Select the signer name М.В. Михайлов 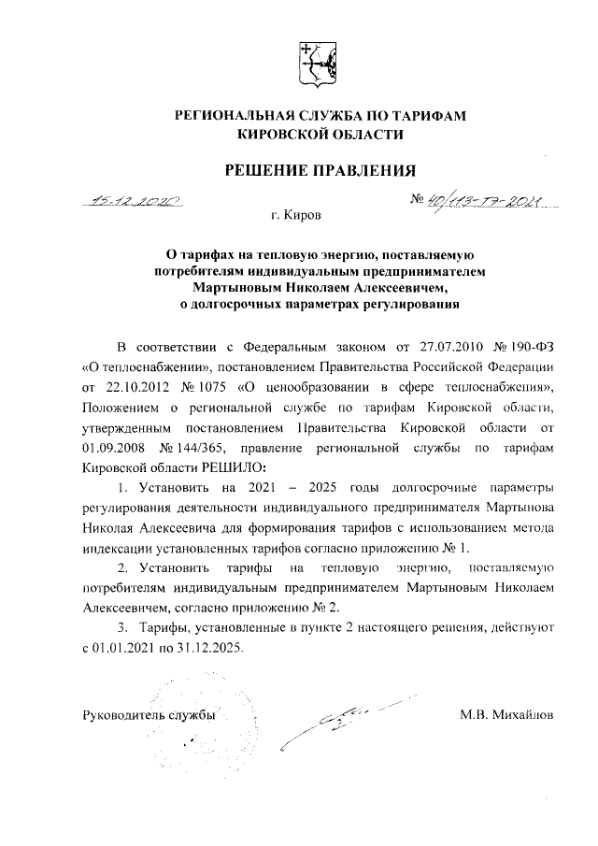point(506,715)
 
